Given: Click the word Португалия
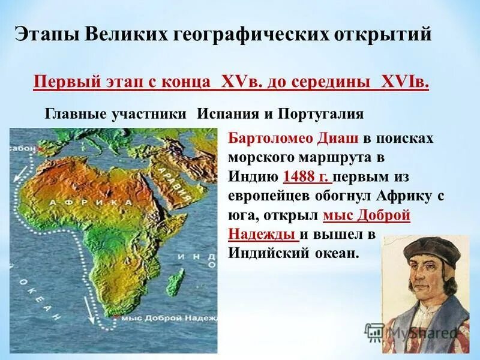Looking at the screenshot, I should (x=328, y=114).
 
